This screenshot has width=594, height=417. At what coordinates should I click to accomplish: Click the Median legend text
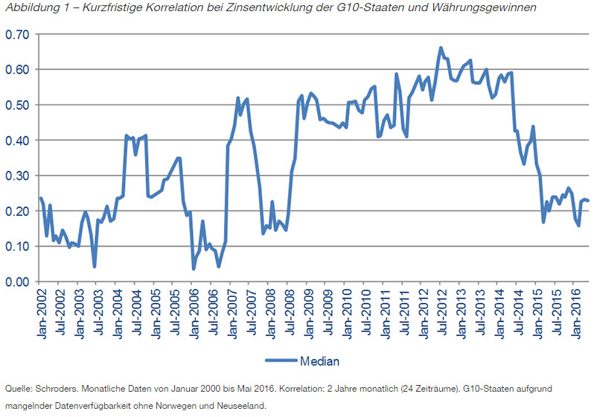(319, 362)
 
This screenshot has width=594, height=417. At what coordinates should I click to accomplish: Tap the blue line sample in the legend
(281, 362)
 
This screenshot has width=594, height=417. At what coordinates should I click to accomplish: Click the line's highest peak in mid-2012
(441, 48)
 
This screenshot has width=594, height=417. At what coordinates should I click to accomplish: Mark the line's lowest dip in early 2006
(194, 268)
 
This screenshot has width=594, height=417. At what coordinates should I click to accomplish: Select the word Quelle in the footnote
(17, 389)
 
